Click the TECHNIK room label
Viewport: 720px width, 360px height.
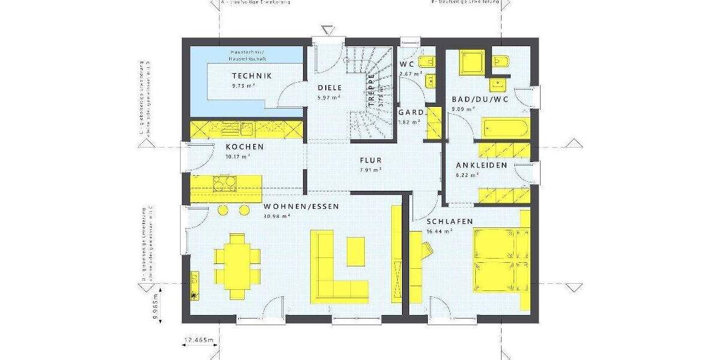tap(252, 76)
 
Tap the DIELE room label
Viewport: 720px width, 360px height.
tap(329, 88)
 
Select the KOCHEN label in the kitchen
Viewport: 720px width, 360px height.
tap(244, 147)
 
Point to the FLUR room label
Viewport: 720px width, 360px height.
tap(370, 161)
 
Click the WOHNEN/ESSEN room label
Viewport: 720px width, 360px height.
tap(301, 206)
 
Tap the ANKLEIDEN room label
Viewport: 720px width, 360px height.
tap(481, 165)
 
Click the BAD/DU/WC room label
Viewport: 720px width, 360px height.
tap(480, 100)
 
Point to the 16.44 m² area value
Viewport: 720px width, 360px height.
tap(439, 230)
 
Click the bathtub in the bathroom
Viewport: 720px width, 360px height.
tap(505, 128)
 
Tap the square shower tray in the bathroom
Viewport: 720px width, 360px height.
tap(468, 62)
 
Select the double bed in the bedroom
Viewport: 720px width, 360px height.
tap(499, 259)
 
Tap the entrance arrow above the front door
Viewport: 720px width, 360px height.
tap(327, 29)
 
